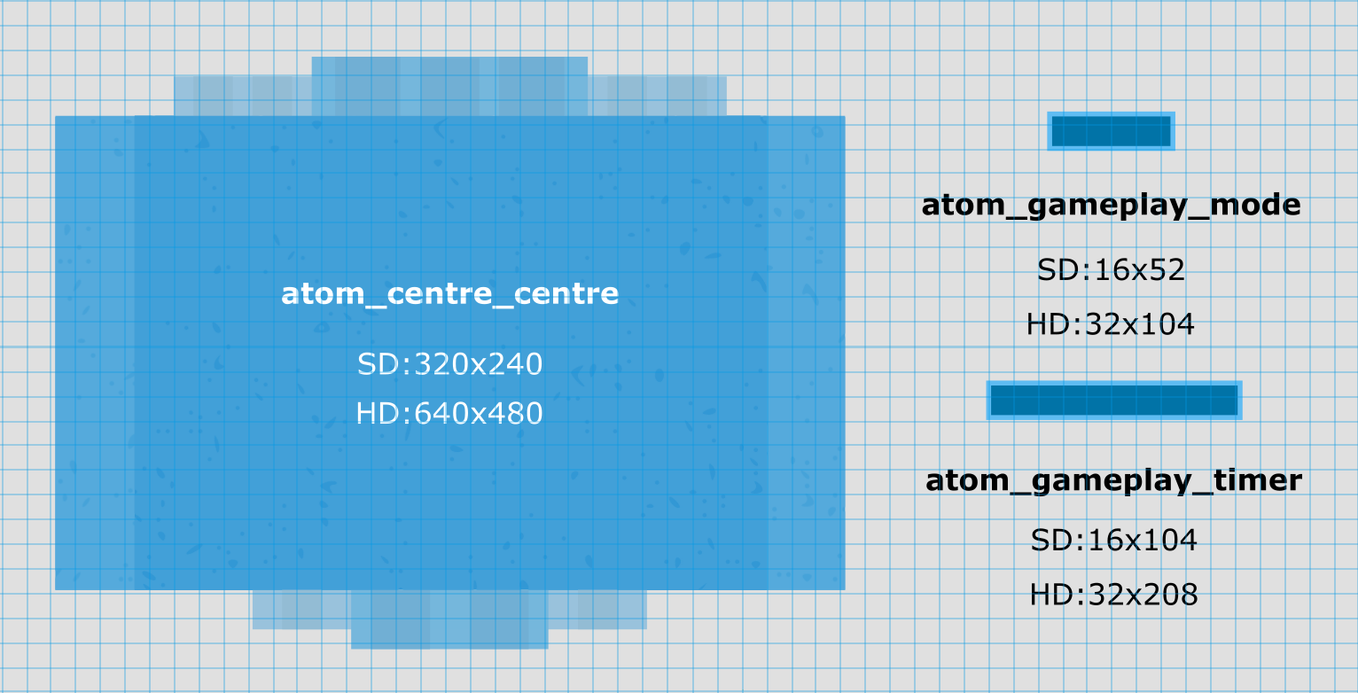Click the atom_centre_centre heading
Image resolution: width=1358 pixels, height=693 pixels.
[449, 294]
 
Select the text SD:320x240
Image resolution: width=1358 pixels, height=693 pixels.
[449, 364]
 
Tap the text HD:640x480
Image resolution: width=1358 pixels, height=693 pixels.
[449, 414]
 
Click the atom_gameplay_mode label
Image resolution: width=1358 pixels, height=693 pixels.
[1111, 206]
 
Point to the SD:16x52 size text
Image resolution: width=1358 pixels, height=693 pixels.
[1111, 269]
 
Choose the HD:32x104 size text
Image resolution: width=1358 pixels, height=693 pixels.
[1110, 324]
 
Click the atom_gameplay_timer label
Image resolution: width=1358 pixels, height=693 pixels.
[1113, 481]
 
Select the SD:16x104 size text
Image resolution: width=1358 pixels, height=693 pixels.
[1113, 541]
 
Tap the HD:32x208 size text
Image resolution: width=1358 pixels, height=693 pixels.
[1113, 595]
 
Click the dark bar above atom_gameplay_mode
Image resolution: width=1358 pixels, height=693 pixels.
[1111, 131]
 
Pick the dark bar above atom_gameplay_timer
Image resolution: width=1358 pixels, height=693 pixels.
[1113, 401]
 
